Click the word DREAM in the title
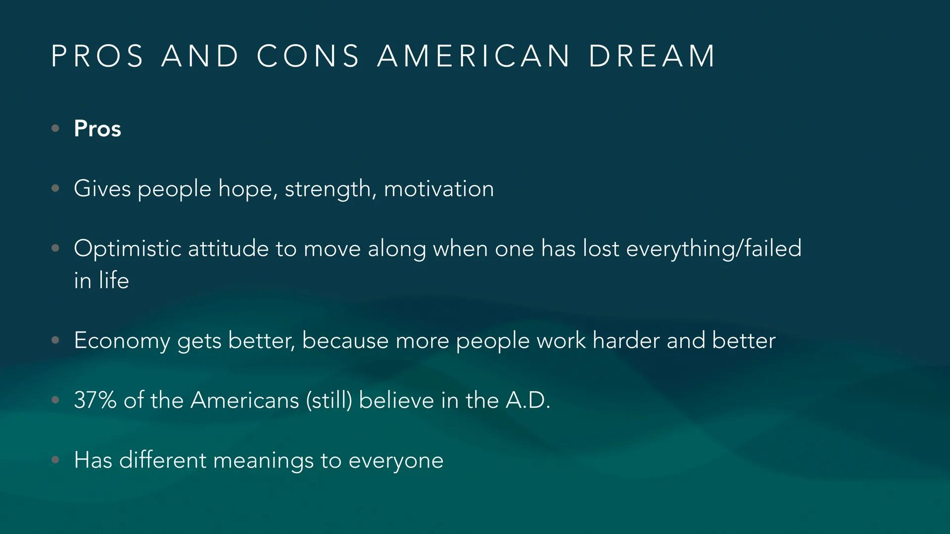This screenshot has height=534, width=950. (x=652, y=56)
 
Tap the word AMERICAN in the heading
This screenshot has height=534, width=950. (x=474, y=56)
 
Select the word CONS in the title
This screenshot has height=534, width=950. (x=308, y=56)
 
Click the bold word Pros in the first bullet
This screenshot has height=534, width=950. (x=97, y=129)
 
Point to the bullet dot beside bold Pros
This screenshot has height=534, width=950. (x=55, y=129)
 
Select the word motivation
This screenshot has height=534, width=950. (x=438, y=189)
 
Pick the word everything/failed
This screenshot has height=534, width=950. (x=713, y=248)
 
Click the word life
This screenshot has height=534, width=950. (x=114, y=280)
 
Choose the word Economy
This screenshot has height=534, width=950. (x=122, y=341)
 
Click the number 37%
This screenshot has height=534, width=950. (x=95, y=400)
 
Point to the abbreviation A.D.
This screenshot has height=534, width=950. (x=527, y=400)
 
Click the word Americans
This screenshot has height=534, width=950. (x=244, y=400)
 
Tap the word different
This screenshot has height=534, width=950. (x=163, y=460)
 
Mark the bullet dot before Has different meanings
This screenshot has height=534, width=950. (x=55, y=460)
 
